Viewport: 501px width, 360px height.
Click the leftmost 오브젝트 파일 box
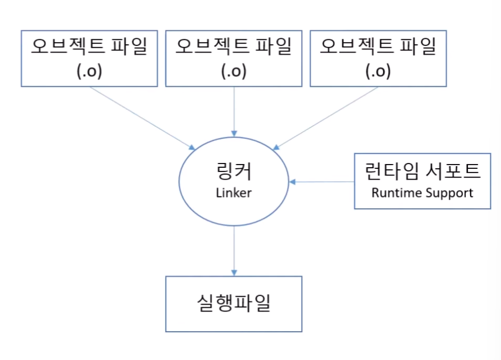click(89, 58)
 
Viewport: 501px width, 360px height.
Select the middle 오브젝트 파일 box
click(234, 58)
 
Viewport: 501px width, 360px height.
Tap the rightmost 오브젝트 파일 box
click(378, 58)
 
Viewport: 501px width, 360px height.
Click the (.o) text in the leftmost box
click(89, 71)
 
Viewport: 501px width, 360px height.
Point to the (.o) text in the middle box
click(234, 71)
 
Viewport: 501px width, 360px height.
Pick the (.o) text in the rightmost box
click(378, 71)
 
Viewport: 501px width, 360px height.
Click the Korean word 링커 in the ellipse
click(234, 172)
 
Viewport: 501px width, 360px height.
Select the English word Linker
click(234, 193)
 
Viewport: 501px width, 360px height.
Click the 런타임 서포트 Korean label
click(423, 171)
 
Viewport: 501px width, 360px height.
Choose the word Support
click(448, 193)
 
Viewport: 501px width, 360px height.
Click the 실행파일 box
click(234, 304)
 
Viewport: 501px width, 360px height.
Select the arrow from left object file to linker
click(142, 118)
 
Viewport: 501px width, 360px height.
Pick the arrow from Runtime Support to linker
click(322, 182)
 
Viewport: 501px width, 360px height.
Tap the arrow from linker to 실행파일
click(234, 250)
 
